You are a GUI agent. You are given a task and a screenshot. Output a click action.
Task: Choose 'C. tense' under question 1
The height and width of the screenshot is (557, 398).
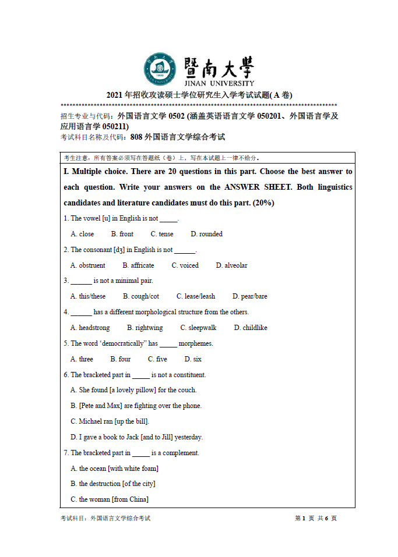pyautogui.click(x=162, y=234)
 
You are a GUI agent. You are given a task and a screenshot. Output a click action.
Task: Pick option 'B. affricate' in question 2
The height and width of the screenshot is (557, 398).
pyautogui.click(x=138, y=265)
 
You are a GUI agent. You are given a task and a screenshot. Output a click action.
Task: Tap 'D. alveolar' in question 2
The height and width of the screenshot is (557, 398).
pyautogui.click(x=231, y=265)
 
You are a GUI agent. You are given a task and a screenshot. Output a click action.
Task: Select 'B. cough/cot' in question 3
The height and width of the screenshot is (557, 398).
pyautogui.click(x=141, y=296)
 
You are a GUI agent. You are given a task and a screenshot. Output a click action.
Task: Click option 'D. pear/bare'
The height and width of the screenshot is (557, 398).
pyautogui.click(x=250, y=296)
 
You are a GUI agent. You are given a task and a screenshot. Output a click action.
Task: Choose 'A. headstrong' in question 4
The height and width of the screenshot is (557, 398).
pyautogui.click(x=90, y=328)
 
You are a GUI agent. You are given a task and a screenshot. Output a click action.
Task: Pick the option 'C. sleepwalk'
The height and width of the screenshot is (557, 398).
pyautogui.click(x=198, y=328)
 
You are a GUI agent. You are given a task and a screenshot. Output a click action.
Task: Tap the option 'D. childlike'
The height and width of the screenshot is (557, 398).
pyautogui.click(x=251, y=328)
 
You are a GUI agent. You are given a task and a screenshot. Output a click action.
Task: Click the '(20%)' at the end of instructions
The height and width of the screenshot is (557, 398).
pyautogui.click(x=263, y=203)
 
